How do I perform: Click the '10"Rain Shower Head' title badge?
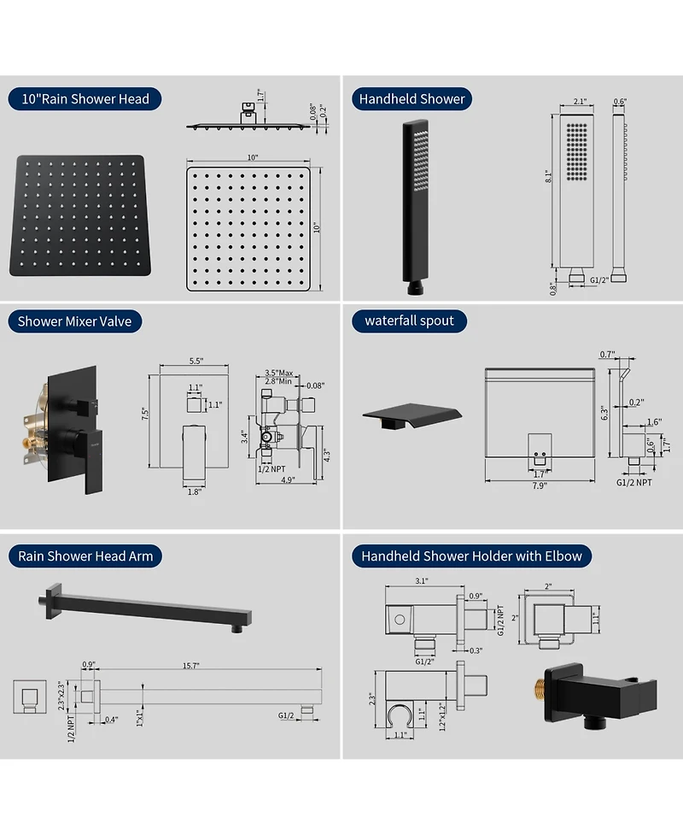[x=85, y=99]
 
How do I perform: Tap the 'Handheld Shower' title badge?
[x=412, y=99]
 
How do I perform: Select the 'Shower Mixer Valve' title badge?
[x=74, y=321]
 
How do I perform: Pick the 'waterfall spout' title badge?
[x=409, y=321]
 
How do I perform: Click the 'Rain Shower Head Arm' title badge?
[x=85, y=556]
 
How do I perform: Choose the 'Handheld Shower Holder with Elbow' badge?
[x=471, y=556]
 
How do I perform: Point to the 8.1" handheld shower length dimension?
[x=548, y=176]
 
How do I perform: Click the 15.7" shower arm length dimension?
[x=191, y=666]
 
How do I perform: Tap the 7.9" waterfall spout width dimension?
[x=540, y=485]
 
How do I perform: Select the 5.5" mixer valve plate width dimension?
[x=196, y=361]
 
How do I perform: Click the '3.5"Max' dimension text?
[x=279, y=373]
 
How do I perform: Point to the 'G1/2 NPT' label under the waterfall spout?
[x=634, y=483]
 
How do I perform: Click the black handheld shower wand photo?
[x=416, y=207]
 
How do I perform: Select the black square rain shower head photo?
[x=79, y=215]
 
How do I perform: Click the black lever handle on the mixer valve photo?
[x=88, y=458]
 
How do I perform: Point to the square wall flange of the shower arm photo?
[x=54, y=601]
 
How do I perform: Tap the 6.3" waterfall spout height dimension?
[x=604, y=413]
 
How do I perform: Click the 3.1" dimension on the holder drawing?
[x=421, y=581]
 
